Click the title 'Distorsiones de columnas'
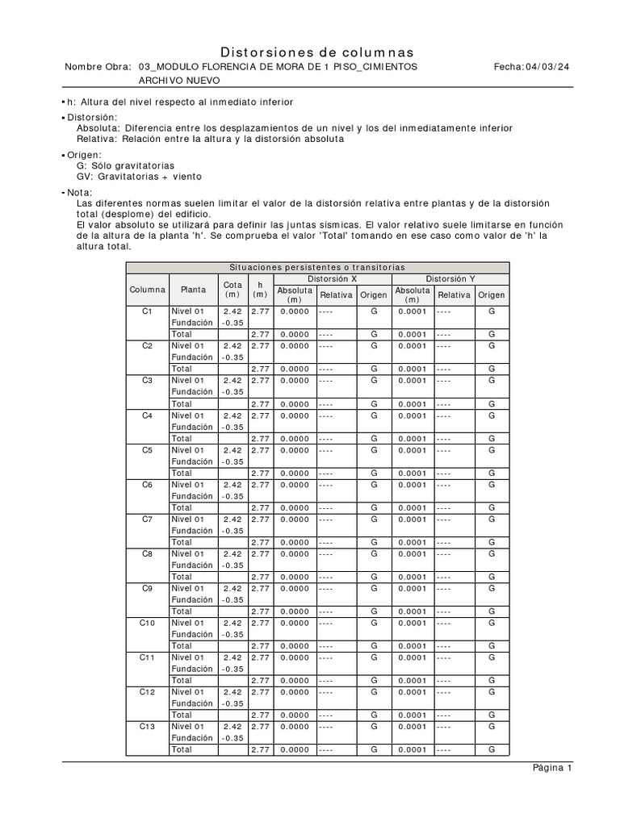click(x=317, y=52)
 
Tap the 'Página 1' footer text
click(x=552, y=767)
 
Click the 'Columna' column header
click(x=147, y=290)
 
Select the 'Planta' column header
click(x=193, y=290)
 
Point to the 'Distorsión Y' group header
click(x=450, y=278)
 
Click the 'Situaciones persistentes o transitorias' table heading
click(x=316, y=267)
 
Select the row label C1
click(x=147, y=311)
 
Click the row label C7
click(x=147, y=519)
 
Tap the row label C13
click(x=147, y=727)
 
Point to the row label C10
click(x=147, y=623)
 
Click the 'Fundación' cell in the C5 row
click(x=191, y=461)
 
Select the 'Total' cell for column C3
click(x=182, y=403)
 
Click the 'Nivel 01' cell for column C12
click(x=188, y=692)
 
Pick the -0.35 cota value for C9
click(x=232, y=600)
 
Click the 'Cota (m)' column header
click(x=232, y=290)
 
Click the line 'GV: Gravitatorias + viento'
click(x=139, y=176)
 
